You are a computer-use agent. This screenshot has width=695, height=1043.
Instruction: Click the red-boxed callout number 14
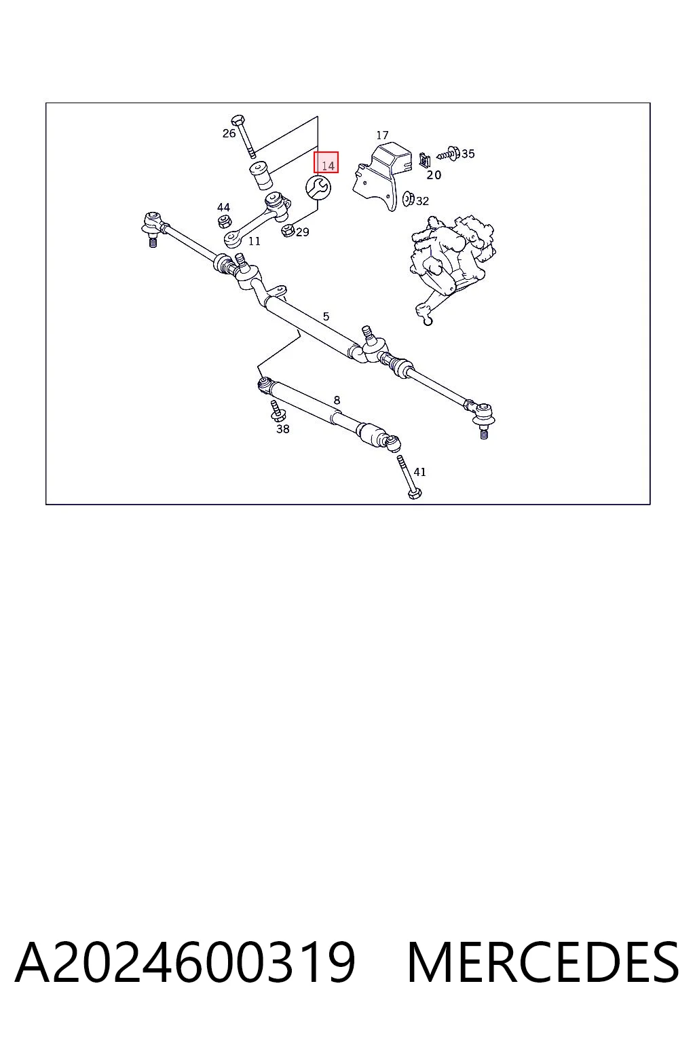(328, 165)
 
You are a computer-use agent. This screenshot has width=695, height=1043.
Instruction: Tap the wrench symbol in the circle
(318, 187)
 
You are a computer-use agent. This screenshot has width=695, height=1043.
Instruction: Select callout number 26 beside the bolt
(229, 133)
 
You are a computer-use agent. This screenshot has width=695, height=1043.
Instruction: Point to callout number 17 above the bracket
(381, 135)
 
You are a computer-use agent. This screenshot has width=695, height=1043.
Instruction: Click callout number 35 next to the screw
(468, 153)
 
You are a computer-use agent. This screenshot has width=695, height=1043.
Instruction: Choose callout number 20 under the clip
(434, 175)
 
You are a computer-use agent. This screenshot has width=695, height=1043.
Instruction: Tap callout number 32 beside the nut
(422, 201)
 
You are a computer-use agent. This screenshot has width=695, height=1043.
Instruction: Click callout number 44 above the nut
(223, 207)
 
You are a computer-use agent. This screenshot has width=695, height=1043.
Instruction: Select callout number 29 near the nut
(303, 232)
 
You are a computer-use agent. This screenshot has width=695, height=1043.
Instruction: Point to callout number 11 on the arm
(254, 241)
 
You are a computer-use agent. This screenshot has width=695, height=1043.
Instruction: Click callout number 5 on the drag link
(326, 316)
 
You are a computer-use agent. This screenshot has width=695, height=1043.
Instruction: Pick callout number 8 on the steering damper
(337, 400)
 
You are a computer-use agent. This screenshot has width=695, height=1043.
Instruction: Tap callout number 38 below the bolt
(282, 429)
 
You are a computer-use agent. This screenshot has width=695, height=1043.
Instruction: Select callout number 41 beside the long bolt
(419, 472)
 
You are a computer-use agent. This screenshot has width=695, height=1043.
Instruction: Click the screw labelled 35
(448, 153)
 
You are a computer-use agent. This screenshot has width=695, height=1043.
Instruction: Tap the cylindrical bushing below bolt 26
(261, 176)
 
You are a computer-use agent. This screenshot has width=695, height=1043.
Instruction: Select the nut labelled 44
(225, 221)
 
